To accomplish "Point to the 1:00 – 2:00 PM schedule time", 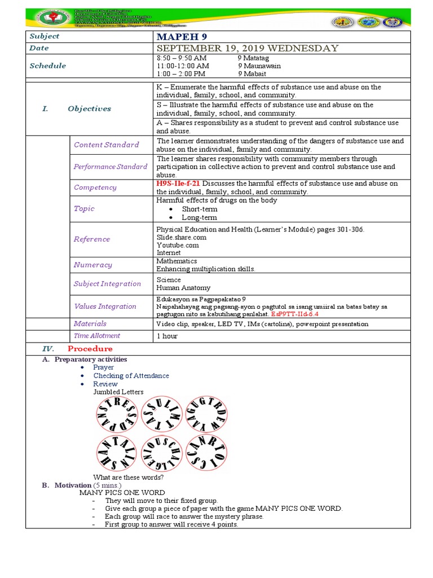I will pos(180,73).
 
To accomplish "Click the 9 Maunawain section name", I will pos(259,65).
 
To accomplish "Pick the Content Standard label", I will pos(106,144).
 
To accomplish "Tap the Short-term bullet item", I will pos(199,209).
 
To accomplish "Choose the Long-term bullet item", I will pos(199,217).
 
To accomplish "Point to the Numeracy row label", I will pos(92,265).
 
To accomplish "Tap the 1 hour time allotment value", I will pos(167,336).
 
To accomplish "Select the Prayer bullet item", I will pos(103,367).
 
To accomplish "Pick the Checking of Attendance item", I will pos(131,375).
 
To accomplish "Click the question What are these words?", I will pos(129,477).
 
